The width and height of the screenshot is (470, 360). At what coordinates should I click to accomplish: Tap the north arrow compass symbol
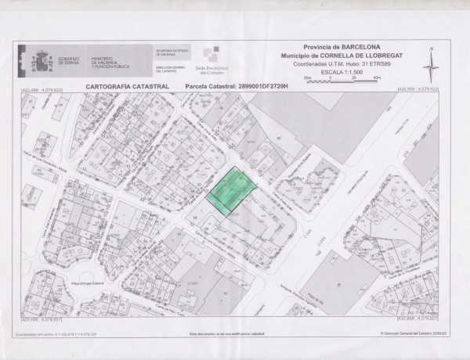coord(429,63)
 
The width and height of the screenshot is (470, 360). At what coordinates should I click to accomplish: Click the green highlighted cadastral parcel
coord(231,190)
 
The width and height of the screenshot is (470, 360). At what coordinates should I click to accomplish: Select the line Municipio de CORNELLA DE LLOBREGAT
coord(336,56)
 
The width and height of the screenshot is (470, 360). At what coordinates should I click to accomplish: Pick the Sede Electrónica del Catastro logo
coord(204,60)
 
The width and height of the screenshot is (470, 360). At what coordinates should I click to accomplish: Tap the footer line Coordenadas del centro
coord(55,334)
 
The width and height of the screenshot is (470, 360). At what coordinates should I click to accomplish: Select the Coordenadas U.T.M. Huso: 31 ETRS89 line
coord(336,64)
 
